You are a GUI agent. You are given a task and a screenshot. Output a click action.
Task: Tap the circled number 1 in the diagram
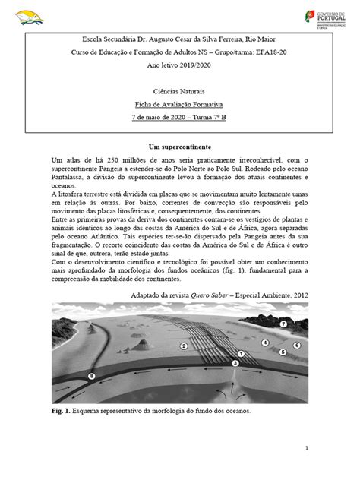pyautogui.click(x=241, y=354)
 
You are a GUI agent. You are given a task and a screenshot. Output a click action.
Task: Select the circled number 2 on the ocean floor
pyautogui.click(x=184, y=346)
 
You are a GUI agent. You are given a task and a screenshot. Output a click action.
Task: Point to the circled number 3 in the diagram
pyautogui.click(x=235, y=365)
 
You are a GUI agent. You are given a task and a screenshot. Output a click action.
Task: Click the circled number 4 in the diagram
pyautogui.click(x=265, y=343)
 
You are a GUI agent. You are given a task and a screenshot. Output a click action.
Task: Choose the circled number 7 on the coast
pyautogui.click(x=305, y=324)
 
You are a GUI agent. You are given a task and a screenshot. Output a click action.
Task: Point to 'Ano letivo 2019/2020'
pyautogui.click(x=180, y=65)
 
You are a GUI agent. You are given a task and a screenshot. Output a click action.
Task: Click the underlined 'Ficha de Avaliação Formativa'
pyautogui.click(x=180, y=105)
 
